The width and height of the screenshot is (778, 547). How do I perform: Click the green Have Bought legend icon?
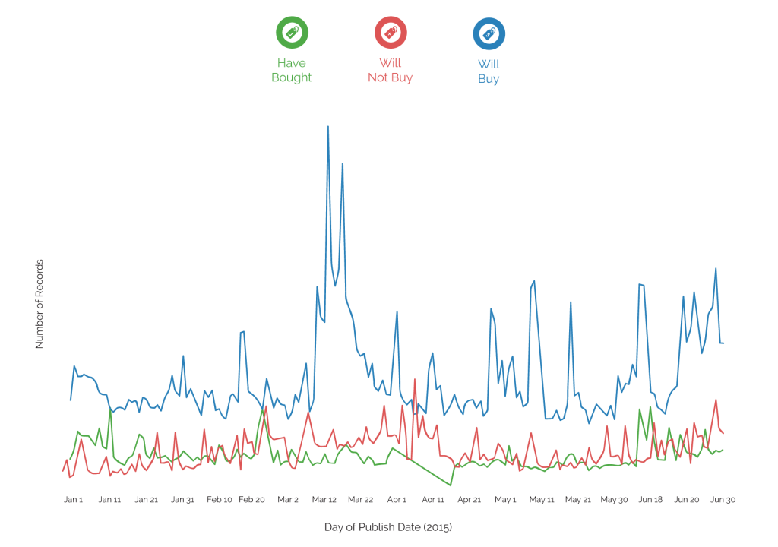(292, 32)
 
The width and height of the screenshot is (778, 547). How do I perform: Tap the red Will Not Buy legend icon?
(391, 32)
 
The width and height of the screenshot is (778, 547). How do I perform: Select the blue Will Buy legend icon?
(489, 32)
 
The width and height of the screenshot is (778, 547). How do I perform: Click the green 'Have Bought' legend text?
(292, 70)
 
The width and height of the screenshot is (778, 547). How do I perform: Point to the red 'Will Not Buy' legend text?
(391, 70)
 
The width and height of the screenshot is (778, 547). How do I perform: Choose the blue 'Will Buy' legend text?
(489, 71)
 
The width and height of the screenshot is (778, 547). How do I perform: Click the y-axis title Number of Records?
(40, 304)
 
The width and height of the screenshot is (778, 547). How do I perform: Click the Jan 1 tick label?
(74, 500)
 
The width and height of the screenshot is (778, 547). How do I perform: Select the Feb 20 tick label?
(252, 500)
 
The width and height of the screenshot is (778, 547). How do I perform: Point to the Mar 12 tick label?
(324, 500)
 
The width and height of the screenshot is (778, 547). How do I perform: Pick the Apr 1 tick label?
(397, 500)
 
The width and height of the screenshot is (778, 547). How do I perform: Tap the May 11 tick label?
(542, 500)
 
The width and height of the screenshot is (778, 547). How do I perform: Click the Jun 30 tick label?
(723, 500)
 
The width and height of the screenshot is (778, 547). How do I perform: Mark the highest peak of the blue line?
(328, 127)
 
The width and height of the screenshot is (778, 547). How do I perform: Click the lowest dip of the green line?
(451, 485)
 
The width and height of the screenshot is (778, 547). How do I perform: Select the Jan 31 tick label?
(182, 500)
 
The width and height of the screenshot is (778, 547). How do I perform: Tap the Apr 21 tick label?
(469, 500)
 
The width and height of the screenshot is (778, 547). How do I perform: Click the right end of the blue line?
(724, 343)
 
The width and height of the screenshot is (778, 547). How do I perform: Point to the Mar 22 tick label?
(360, 500)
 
